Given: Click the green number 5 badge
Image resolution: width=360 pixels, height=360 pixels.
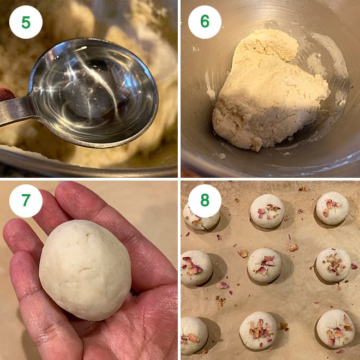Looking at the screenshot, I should coord(26,22).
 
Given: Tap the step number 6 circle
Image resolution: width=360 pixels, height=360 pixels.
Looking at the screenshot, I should coord(205,22).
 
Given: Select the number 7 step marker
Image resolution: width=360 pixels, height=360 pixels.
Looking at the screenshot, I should coord(26,201).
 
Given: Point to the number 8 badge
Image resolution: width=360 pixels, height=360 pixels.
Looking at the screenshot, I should coord(205,201).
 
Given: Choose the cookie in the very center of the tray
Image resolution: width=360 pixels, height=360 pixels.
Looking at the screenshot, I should coord(265,265).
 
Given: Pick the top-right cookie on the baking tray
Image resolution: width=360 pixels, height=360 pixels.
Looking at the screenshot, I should coord(333,208).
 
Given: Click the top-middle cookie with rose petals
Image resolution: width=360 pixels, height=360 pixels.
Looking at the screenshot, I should coord(267,210).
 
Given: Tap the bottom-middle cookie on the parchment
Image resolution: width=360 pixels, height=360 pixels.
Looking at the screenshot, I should coord(258,330).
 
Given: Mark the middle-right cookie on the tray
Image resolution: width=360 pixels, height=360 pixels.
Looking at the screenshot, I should coord(333,265).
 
